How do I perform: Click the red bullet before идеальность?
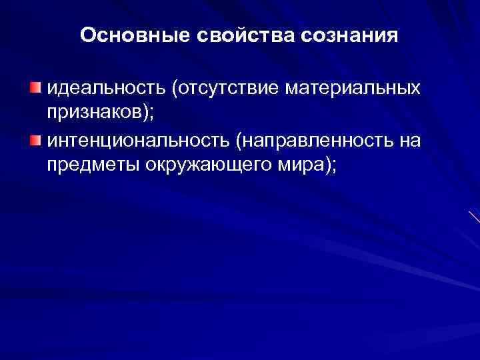click(35, 89)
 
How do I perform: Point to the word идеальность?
click(105, 89)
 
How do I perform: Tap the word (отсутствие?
click(222, 89)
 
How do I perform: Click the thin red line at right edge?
click(475, 217)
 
